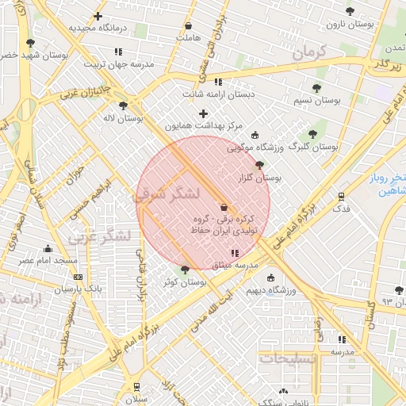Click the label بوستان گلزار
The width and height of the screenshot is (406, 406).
tap(260, 178)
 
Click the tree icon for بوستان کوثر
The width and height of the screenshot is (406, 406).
tap(185, 270)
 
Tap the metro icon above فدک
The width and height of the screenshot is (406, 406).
tap(341, 196)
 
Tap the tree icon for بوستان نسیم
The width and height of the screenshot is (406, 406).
tap(316, 88)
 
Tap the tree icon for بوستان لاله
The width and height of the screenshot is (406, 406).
tap(123, 105)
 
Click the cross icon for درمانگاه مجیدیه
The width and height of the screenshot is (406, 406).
tap(98, 16)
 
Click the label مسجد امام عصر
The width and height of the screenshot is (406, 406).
tap(48, 260)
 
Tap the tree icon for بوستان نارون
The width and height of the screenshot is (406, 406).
tap(350, 11)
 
